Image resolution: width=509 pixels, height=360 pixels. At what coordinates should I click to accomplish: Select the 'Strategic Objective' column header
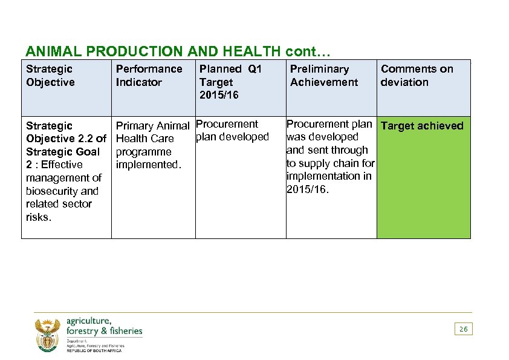click(50, 76)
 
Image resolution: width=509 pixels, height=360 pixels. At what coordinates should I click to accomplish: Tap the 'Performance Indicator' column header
click(149, 76)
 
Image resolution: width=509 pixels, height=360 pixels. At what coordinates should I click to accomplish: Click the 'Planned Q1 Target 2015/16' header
click(230, 82)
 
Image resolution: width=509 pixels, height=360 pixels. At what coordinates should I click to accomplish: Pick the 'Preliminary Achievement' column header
click(323, 76)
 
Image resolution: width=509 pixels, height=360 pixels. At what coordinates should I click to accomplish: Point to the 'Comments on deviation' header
click(417, 76)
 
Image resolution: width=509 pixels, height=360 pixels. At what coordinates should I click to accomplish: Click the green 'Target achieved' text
click(422, 126)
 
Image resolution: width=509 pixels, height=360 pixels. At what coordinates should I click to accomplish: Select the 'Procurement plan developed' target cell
click(232, 131)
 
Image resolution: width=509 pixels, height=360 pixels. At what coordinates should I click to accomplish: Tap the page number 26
click(463, 329)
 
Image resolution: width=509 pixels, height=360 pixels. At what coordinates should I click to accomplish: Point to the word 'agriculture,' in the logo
click(89, 321)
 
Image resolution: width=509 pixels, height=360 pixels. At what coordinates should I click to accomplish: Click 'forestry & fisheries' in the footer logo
click(104, 331)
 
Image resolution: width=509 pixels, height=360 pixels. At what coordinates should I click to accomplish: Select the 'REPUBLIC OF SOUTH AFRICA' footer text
click(94, 351)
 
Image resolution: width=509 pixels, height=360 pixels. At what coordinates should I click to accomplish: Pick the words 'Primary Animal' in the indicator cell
click(152, 126)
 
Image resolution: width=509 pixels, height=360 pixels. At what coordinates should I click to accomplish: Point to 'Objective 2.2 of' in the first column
click(66, 139)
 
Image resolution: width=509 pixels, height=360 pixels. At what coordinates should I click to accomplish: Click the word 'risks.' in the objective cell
click(39, 217)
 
